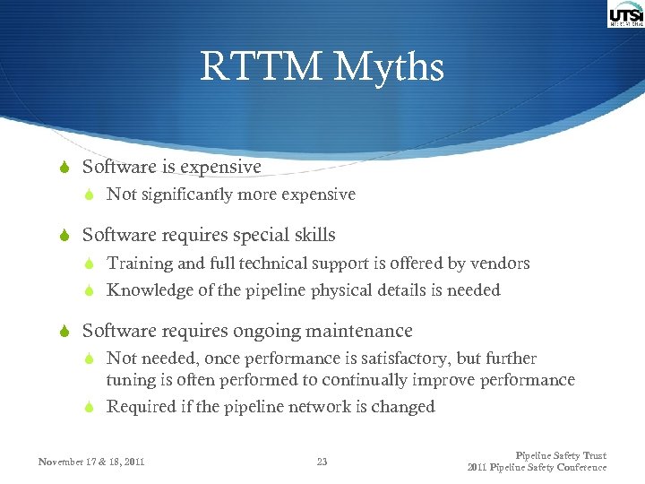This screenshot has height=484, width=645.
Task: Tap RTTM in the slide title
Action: coord(261,68)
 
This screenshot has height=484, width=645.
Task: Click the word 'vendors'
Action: coord(499,264)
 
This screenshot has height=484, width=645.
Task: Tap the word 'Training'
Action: coord(140,264)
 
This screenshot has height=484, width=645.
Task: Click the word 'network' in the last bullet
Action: coord(331,407)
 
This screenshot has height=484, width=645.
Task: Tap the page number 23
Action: coord(322,462)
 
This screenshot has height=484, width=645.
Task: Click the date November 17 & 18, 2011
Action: coord(91,462)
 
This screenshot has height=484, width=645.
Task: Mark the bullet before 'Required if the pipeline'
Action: coord(89,407)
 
